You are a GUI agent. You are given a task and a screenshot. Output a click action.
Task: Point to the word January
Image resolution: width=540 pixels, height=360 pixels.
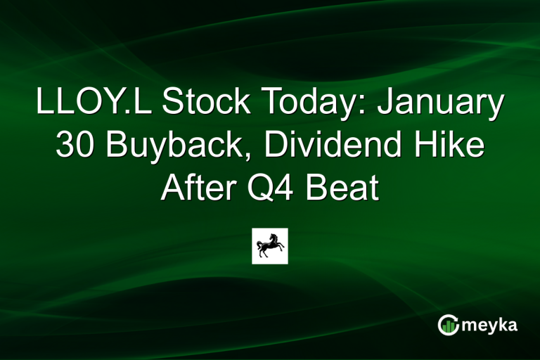click(442, 104)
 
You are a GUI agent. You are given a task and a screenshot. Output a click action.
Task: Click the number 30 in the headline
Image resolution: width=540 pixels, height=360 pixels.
click(74, 147)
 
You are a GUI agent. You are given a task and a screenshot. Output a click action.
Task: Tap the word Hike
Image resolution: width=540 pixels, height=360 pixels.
click(457, 147)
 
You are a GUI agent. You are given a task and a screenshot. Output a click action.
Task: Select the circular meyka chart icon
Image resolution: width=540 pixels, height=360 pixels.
click(449, 325)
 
